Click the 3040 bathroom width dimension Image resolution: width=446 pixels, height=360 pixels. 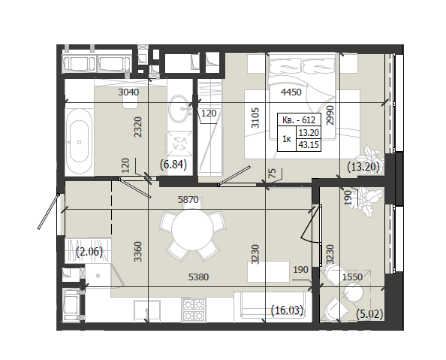coord(128,92)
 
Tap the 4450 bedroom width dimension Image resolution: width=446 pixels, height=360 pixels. coord(291,92)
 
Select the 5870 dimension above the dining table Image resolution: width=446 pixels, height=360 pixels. coord(188,200)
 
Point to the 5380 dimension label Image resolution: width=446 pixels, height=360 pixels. coord(198,277)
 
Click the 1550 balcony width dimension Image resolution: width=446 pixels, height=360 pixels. coord(352,277)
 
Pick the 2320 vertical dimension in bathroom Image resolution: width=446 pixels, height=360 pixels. coord(138,127)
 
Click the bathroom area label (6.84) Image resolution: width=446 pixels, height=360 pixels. coord(173,165)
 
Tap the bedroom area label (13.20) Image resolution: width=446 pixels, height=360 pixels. coord(363,167)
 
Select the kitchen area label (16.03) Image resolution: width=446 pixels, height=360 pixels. coord(288,310)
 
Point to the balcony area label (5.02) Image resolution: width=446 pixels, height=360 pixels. coord(369,314)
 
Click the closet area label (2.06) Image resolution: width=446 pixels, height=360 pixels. coord(89,252)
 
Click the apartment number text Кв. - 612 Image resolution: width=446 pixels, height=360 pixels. coord(299,120)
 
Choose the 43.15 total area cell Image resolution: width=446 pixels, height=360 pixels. coord(309,145)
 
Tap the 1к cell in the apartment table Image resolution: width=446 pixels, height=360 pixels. coord(287,139)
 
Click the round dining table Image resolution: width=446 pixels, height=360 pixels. coord(192,229)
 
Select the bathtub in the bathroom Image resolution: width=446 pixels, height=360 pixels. coord(80,141)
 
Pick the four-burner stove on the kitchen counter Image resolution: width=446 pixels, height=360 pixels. coord(194,310)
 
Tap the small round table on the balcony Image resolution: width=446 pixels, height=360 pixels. coord(354,293)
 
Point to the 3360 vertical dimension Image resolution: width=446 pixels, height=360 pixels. coord(138,252)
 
